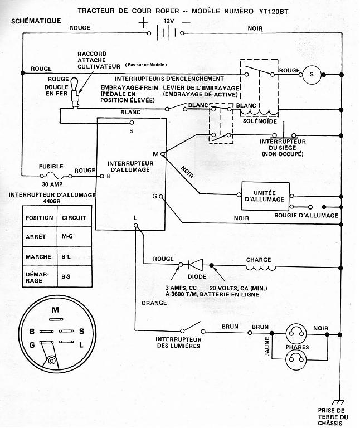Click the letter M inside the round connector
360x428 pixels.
(55, 310)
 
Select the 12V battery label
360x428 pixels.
(168, 21)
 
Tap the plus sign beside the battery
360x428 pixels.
(144, 23)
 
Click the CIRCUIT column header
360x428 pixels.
(74, 217)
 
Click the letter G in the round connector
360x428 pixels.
(32, 345)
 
